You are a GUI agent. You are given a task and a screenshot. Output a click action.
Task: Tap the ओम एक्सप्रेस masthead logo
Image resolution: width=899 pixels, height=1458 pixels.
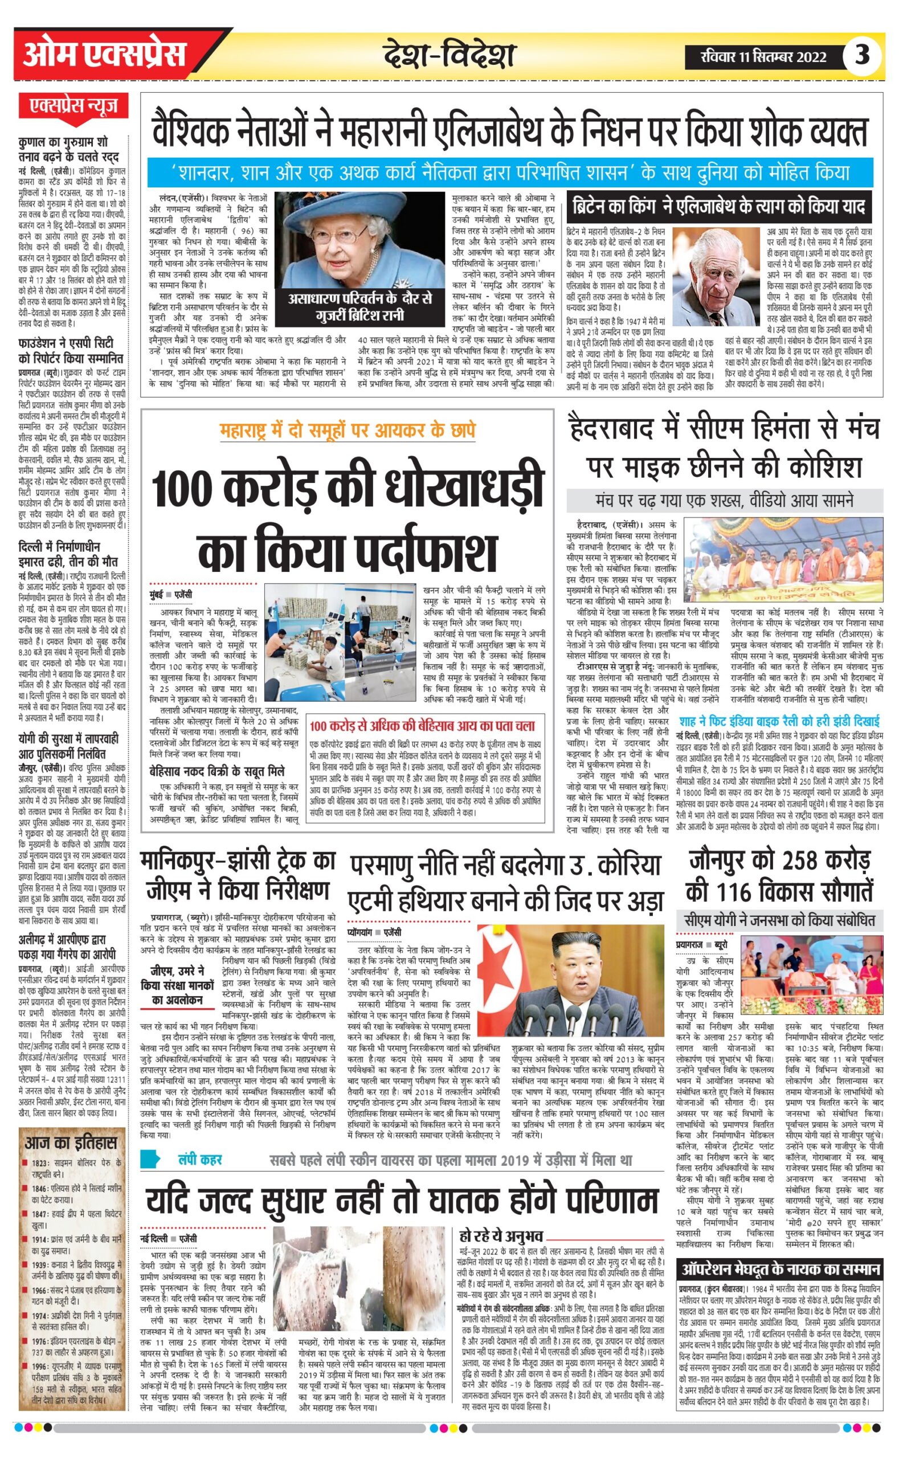[x=105, y=55]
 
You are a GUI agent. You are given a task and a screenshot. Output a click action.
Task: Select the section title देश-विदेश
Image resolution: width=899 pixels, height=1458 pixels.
[x=449, y=56]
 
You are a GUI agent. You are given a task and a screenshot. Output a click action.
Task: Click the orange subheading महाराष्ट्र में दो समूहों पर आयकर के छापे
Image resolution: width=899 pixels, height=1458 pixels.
[x=347, y=430]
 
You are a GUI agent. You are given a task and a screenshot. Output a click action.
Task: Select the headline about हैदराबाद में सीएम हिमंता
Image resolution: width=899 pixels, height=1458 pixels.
[x=724, y=448]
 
